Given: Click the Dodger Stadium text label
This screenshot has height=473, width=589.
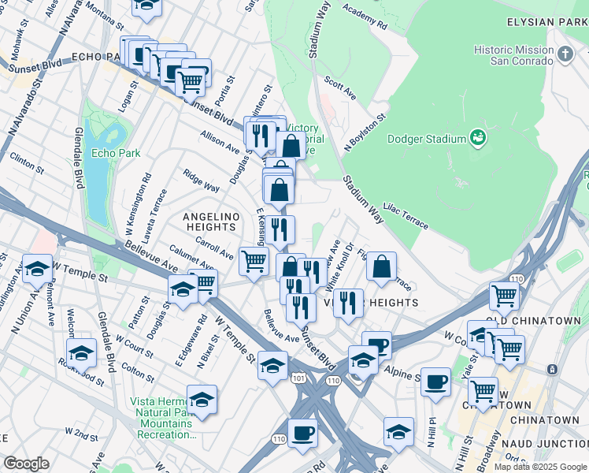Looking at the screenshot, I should click(427, 140).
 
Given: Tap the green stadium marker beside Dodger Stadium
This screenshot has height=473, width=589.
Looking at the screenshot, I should click(477, 140).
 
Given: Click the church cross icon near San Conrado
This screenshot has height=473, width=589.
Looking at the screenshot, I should click(565, 54).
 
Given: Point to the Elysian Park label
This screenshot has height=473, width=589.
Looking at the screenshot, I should click(547, 24).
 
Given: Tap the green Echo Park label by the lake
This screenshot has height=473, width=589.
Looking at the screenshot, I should click(114, 153).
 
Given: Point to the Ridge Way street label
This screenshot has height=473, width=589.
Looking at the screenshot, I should click(201, 181).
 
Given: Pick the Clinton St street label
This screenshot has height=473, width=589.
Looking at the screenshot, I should click(27, 158).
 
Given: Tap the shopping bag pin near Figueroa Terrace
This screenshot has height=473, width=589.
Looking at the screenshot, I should click(381, 267).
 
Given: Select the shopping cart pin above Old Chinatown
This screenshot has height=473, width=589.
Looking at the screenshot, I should click(504, 296).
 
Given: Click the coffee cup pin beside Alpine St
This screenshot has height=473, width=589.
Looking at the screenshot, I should click(435, 382).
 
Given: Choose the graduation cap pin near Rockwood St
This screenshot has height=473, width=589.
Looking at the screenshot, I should click(81, 353).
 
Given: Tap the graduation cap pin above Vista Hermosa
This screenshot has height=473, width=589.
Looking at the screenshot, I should click(202, 400).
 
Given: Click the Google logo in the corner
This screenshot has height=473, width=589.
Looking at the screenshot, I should click(26, 463).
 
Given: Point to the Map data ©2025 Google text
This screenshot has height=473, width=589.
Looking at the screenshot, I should click(539, 467).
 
